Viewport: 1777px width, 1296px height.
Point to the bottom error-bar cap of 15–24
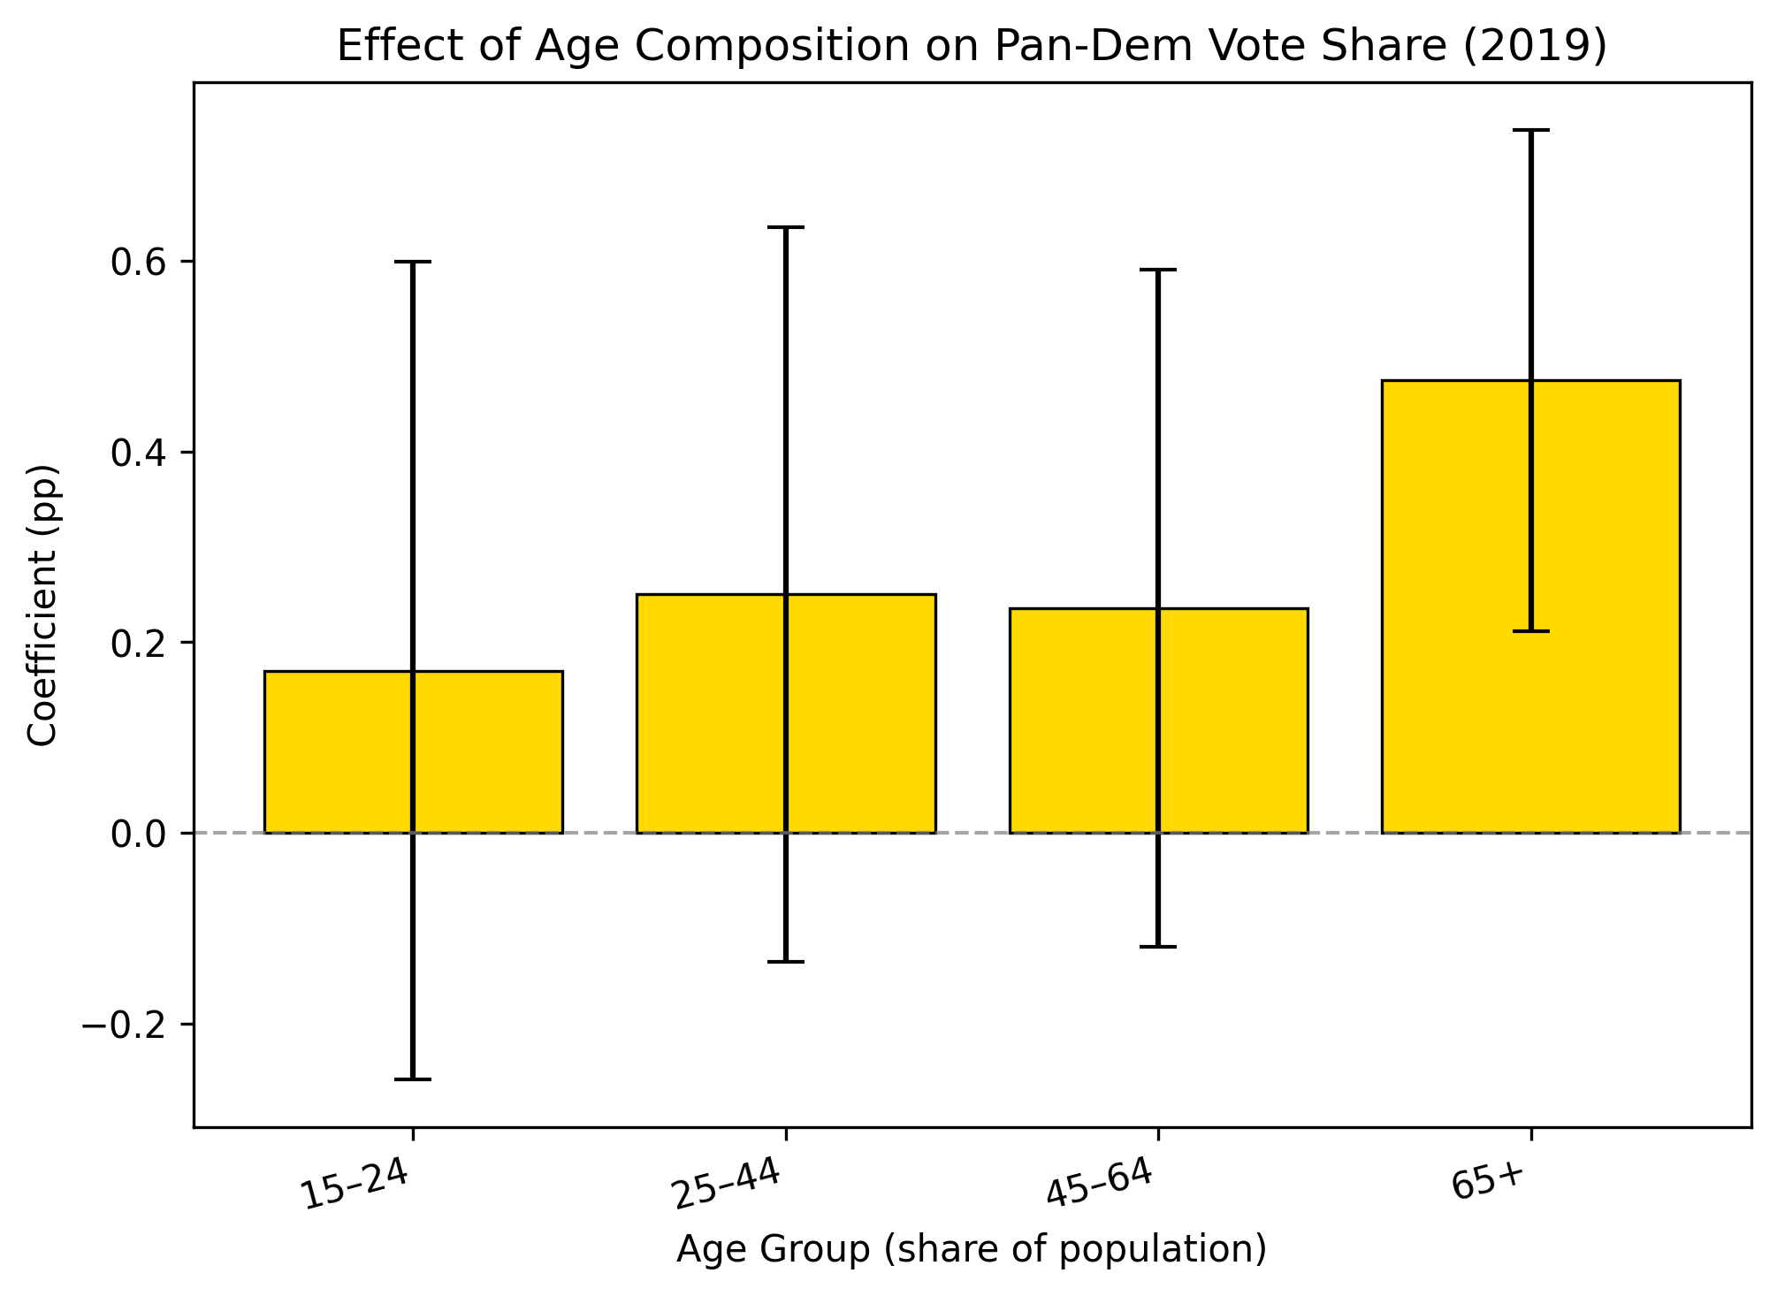pyautogui.click(x=413, y=1079)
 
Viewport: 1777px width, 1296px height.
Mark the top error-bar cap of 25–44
pyautogui.click(x=786, y=228)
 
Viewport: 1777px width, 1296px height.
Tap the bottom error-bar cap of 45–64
pyautogui.click(x=1158, y=947)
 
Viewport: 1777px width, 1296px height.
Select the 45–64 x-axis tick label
pyautogui.click(x=1100, y=1185)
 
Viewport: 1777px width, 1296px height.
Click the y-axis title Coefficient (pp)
pyautogui.click(x=42, y=605)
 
